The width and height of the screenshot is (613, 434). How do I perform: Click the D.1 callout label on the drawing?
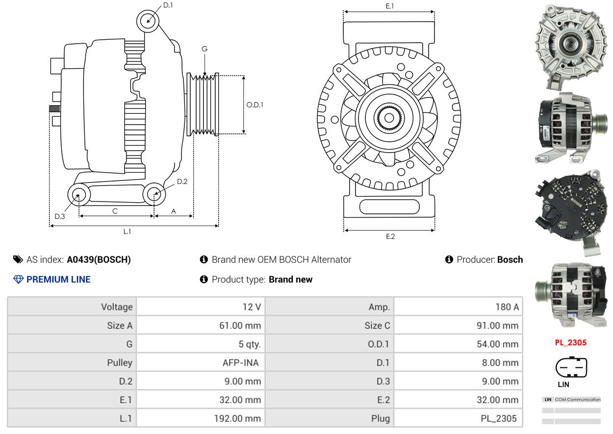coord(168,5)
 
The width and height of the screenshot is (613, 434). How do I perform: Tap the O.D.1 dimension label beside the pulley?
coord(255,105)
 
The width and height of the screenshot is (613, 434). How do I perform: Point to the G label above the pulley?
coord(204,49)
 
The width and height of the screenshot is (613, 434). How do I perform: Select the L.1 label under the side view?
coord(127,231)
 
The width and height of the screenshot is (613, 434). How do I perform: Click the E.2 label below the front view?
coord(390,236)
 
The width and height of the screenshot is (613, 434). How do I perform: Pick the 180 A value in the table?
coord(507,307)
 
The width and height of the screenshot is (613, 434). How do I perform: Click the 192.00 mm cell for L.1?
coord(237,418)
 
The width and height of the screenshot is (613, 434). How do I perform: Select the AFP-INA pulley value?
coord(241,362)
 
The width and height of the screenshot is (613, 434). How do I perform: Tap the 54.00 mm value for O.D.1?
coord(498,344)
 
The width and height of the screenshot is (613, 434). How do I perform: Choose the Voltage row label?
coord(117,307)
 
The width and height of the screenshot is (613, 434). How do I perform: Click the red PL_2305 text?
coord(571,343)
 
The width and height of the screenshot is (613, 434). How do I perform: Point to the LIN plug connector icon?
coord(571,367)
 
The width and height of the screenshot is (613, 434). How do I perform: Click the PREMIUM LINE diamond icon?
coord(18,280)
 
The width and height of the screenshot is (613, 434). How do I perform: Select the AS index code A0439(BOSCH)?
coord(99,259)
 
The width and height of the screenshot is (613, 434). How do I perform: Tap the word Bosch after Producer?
coord(510,259)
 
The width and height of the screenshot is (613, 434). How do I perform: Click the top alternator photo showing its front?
coord(571,47)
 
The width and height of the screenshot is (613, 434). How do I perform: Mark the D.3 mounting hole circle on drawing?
coord(79,195)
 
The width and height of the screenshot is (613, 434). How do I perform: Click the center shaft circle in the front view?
coord(389,118)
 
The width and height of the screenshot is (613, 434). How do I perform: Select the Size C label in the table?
coord(377,326)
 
